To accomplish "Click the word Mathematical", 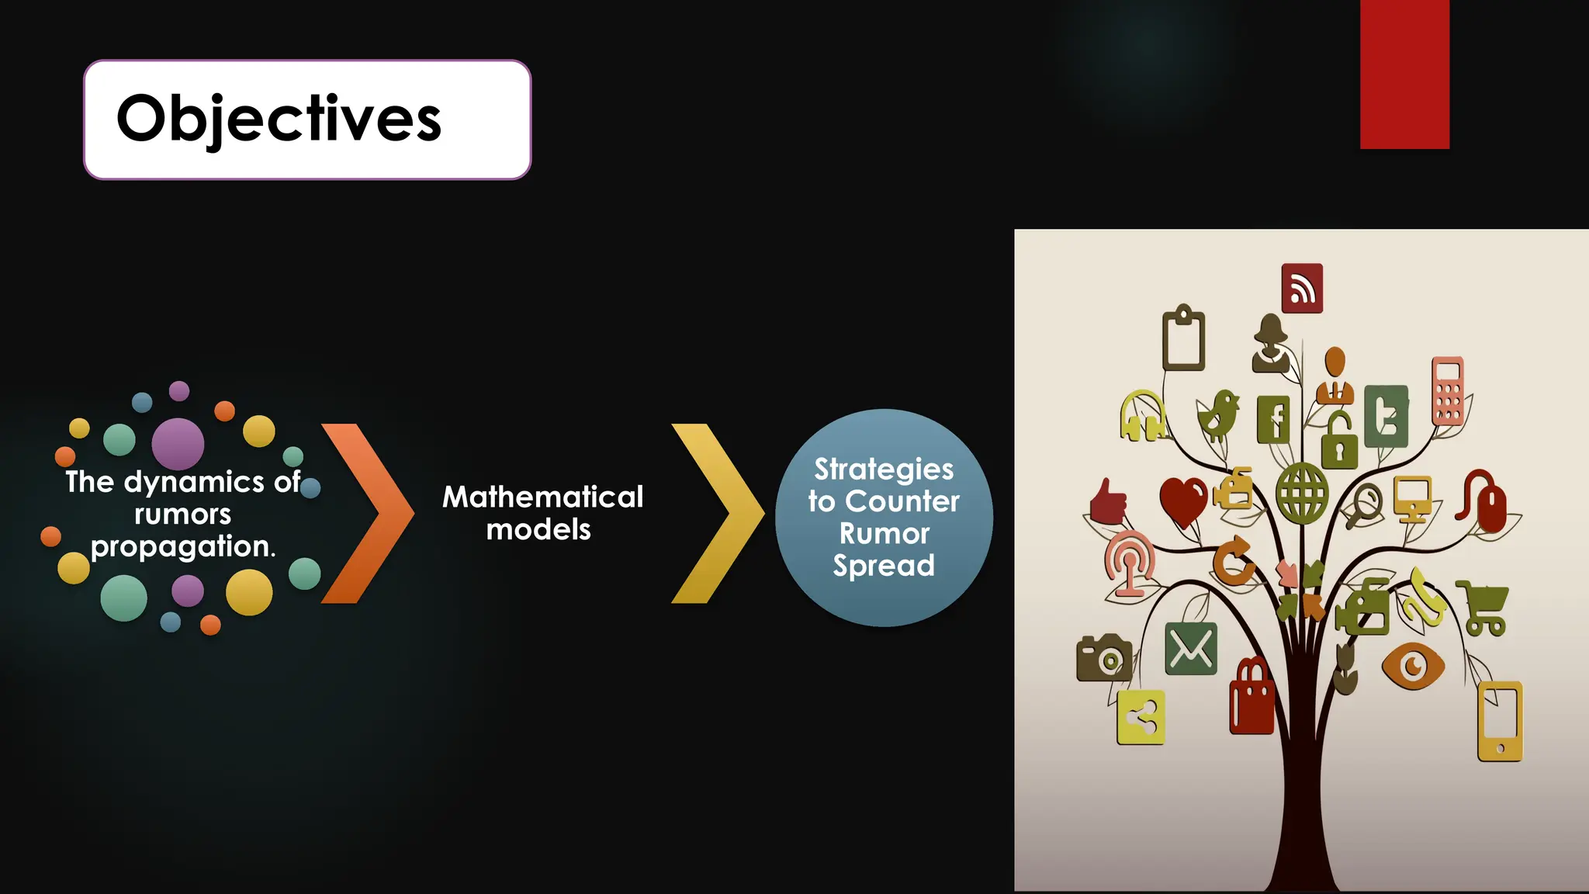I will pyautogui.click(x=542, y=497).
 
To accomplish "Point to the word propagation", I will pyautogui.click(x=182, y=546).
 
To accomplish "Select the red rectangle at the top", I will pyautogui.click(x=1404, y=74).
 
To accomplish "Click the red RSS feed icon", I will pyautogui.click(x=1302, y=289).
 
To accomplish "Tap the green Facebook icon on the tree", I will pyautogui.click(x=1273, y=419).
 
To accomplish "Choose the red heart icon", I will pyautogui.click(x=1183, y=501).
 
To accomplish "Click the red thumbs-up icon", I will pyautogui.click(x=1108, y=501).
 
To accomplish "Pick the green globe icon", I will pyautogui.click(x=1303, y=493).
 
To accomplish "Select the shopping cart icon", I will pyautogui.click(x=1483, y=608).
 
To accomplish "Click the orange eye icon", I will pyautogui.click(x=1413, y=665).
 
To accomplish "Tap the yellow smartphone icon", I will pyautogui.click(x=1500, y=721).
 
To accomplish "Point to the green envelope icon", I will pyautogui.click(x=1191, y=648).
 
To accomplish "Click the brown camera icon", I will pyautogui.click(x=1103, y=657).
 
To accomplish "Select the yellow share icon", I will pyautogui.click(x=1141, y=717).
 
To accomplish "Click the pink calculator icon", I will pyautogui.click(x=1448, y=391).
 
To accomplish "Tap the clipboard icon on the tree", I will pyautogui.click(x=1183, y=339).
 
